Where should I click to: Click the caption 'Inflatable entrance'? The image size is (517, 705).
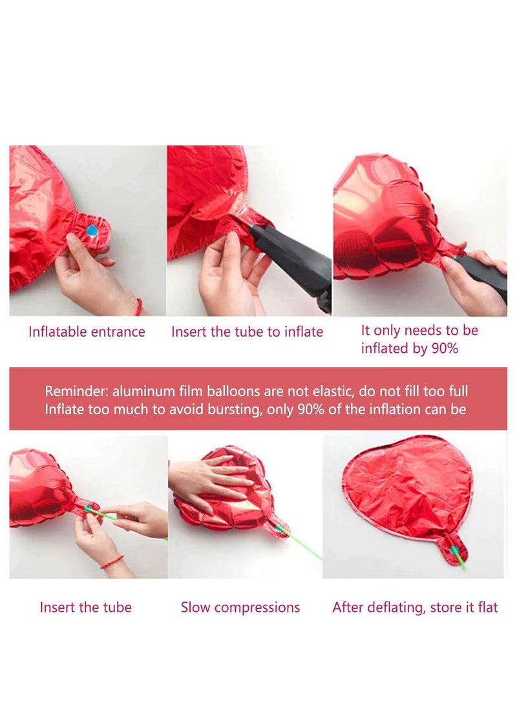[x=87, y=332]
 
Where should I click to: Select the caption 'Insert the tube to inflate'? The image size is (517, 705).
[x=247, y=332]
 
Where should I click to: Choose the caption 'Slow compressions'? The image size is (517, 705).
[x=240, y=607]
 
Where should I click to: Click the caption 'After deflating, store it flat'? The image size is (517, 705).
[x=415, y=607]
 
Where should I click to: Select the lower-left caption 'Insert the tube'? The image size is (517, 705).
[x=85, y=607]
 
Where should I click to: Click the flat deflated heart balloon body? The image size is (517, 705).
[x=414, y=491]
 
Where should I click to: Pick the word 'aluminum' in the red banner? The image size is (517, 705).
[x=143, y=392]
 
